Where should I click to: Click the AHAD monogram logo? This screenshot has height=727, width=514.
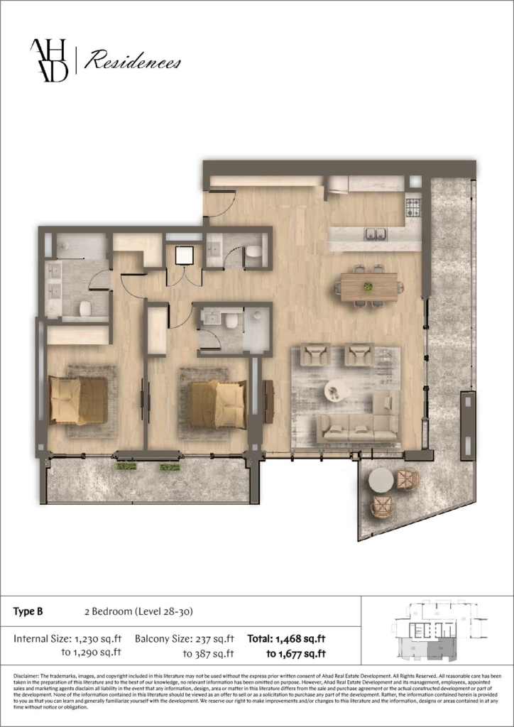[x=49, y=61]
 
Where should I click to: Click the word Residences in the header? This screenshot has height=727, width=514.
[x=132, y=62]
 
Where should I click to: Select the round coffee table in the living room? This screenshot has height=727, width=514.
[x=337, y=390]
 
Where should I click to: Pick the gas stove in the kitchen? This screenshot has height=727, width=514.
[x=413, y=207]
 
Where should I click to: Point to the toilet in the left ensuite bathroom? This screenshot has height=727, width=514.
[x=85, y=308]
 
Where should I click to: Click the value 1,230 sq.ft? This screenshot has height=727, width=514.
[x=98, y=639]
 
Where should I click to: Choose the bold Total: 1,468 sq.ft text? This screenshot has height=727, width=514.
[x=286, y=639]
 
